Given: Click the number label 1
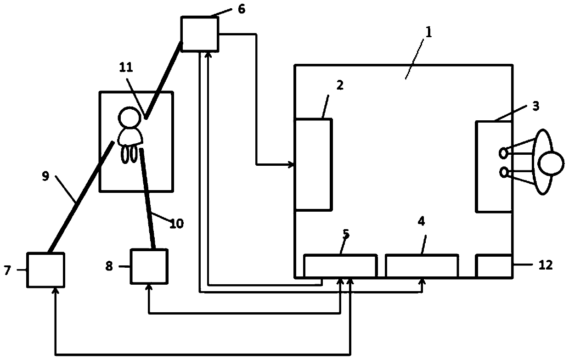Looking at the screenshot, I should click(x=428, y=33).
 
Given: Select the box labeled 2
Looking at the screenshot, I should click(x=313, y=164).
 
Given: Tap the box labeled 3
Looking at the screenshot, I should click(x=494, y=166).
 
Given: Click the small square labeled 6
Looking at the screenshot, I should click(x=199, y=34).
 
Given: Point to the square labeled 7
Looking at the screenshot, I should click(x=45, y=269).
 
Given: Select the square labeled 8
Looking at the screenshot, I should click(x=149, y=267).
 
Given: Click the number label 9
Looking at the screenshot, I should click(x=45, y=177).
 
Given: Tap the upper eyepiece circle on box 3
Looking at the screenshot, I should click(x=504, y=151).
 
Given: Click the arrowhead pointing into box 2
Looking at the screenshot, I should click(x=291, y=164).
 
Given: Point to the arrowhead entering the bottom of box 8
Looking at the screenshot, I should click(x=149, y=287).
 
